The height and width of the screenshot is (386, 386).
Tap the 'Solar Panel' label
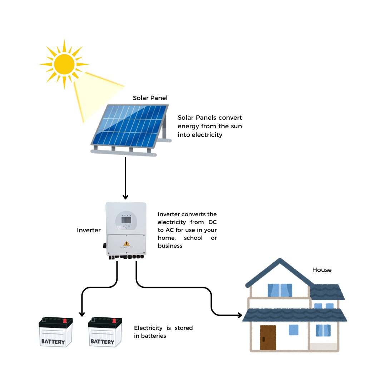(x=150, y=98)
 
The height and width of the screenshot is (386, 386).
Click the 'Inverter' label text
(x=89, y=230)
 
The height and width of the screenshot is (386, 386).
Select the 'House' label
(x=322, y=270)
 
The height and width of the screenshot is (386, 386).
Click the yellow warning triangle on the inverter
(x=127, y=243)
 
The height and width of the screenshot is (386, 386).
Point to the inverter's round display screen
(x=126, y=221)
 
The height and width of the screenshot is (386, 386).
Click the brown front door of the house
(x=268, y=337)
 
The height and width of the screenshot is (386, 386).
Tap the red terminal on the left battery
(x=65, y=321)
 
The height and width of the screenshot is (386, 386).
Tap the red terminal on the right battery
(x=114, y=321)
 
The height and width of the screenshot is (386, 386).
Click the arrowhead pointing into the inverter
(x=125, y=197)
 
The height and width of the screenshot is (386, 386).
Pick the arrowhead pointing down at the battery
(x=82, y=313)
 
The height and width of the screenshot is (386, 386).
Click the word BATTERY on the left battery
(x=53, y=342)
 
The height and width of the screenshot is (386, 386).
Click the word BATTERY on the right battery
(x=102, y=342)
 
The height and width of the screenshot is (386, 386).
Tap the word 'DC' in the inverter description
(x=213, y=222)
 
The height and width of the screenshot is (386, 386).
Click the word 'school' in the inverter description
(x=193, y=238)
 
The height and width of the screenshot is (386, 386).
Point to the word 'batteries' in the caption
(x=154, y=336)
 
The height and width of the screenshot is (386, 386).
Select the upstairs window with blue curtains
(x=280, y=290)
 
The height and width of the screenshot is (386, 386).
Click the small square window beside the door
(x=293, y=330)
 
